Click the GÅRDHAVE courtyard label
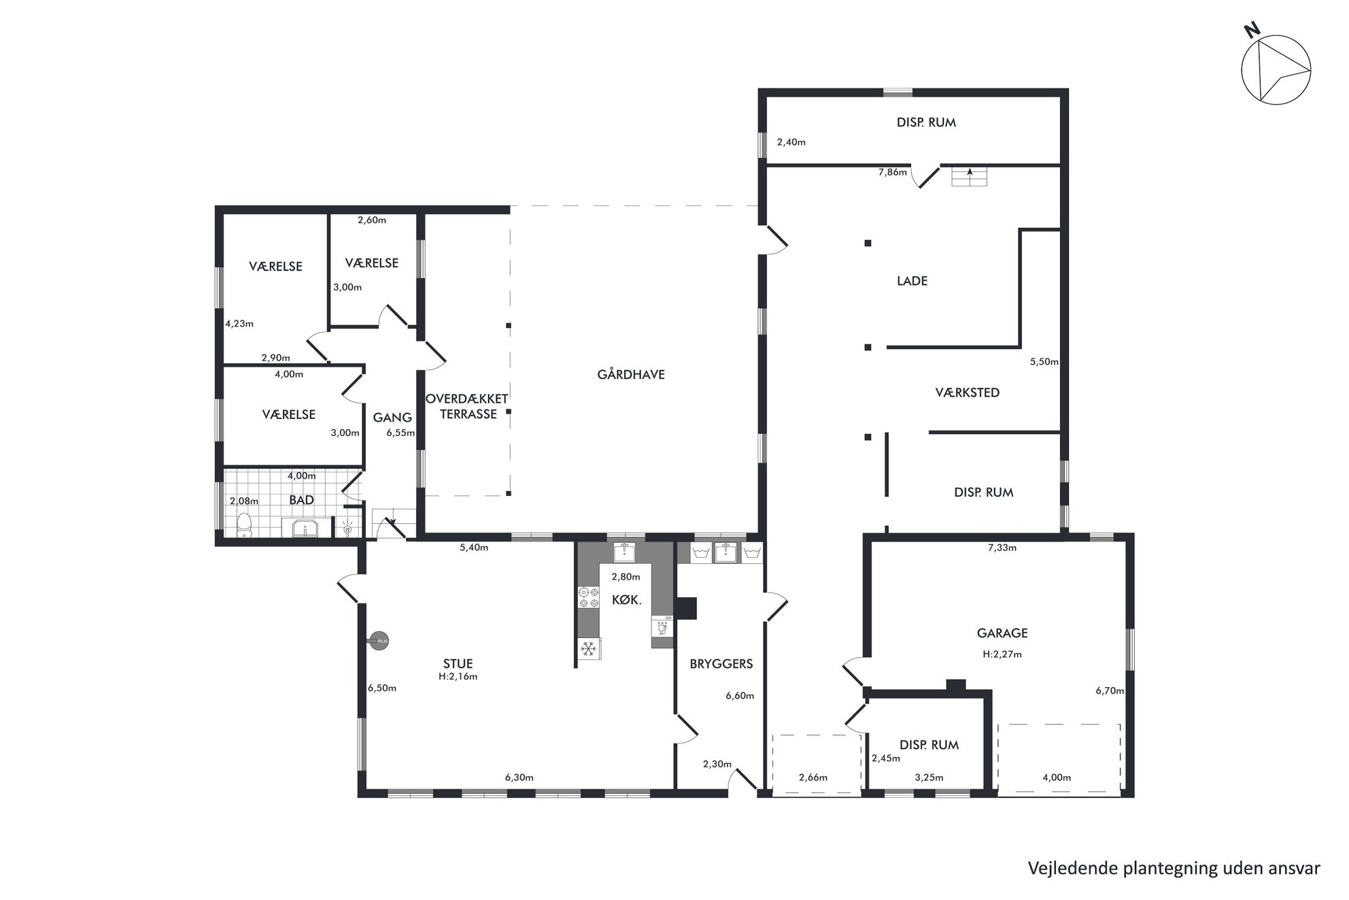[x=631, y=374]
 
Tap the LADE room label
[x=912, y=281]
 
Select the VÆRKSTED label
[x=967, y=393]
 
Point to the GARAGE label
[x=1002, y=633]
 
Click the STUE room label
[x=458, y=664]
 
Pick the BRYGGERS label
[x=721, y=664]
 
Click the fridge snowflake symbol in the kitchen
[x=589, y=648]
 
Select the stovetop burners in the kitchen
[x=588, y=597]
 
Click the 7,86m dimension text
[x=892, y=172]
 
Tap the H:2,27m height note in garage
[x=1002, y=654]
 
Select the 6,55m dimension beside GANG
[x=400, y=433]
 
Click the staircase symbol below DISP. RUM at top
[x=969, y=176]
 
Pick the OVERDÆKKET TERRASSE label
[x=467, y=406]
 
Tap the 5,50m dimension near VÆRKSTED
[x=1044, y=362]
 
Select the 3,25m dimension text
[x=929, y=778]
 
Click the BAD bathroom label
[x=301, y=500]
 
